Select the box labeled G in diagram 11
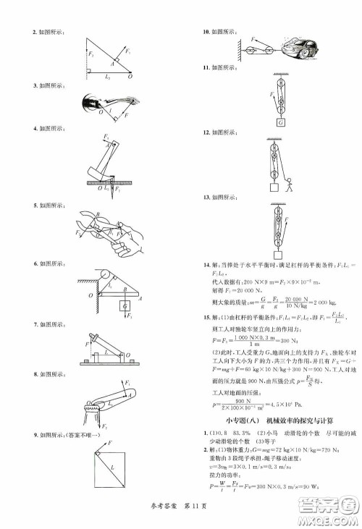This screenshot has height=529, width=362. click(279, 122)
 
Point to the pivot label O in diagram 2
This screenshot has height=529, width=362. click(130, 75)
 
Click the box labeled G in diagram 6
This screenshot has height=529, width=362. click(127, 306)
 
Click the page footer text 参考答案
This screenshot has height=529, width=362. click(160, 520)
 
